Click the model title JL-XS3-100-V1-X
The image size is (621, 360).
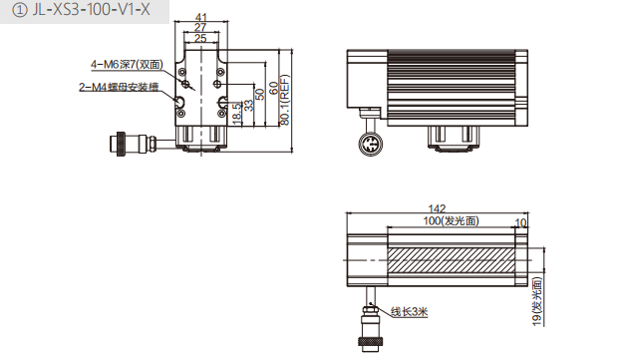click(x=92, y=10)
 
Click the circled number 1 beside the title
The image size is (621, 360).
click(x=19, y=10)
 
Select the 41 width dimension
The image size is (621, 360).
click(x=201, y=17)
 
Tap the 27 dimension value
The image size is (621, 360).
click(x=200, y=27)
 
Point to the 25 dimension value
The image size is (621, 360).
click(x=200, y=38)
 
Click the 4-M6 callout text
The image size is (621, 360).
click(x=128, y=65)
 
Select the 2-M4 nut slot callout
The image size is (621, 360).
click(x=119, y=87)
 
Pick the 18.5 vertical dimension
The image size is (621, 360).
click(x=236, y=114)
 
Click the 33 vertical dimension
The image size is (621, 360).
click(x=248, y=105)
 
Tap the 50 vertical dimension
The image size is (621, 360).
click(x=259, y=94)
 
